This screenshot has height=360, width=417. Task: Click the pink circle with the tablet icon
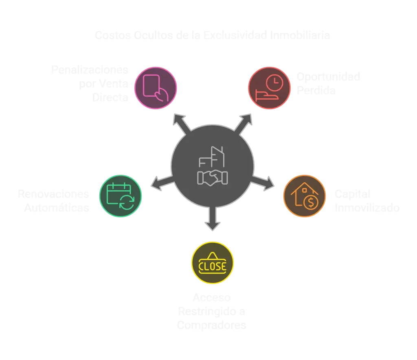tap(156, 87)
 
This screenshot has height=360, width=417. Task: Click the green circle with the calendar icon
tap(121, 196)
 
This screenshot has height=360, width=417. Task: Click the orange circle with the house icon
tap(305, 196)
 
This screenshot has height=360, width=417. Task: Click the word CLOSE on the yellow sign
tap(212, 266)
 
